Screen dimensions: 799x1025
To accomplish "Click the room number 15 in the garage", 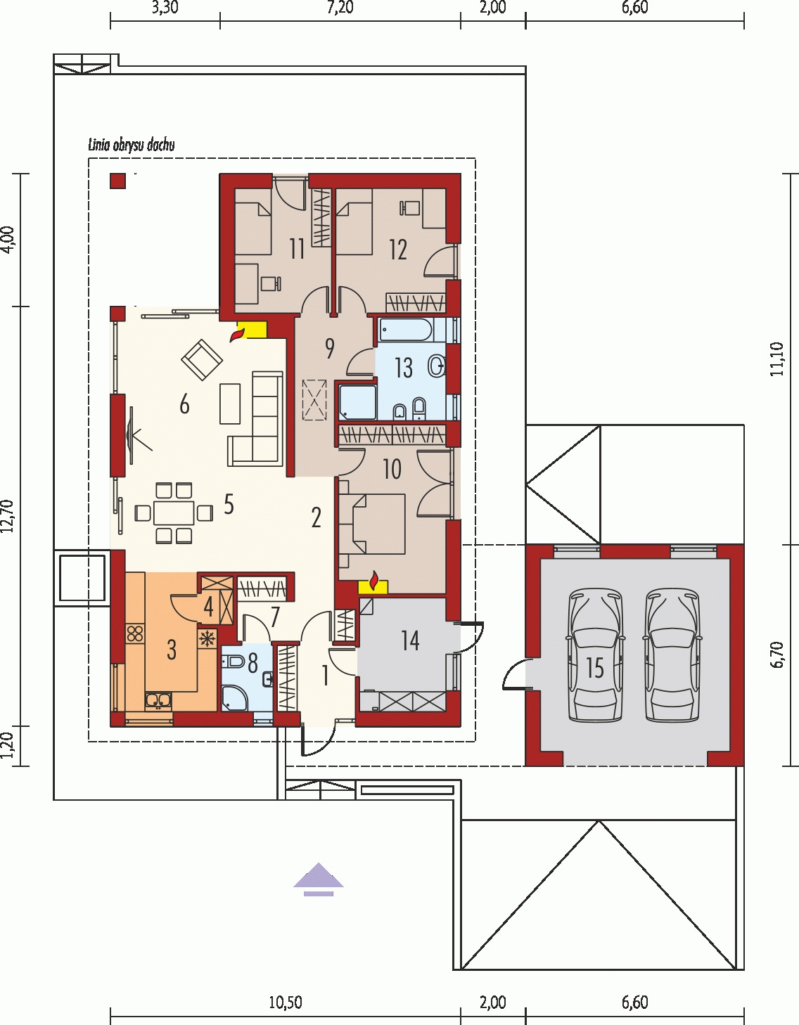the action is (596, 668).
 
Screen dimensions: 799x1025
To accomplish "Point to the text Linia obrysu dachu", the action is (132, 146).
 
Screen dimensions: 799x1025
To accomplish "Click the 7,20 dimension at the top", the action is (340, 8).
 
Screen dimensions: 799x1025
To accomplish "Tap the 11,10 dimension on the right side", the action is (779, 359).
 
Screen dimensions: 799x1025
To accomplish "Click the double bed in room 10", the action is (373, 523).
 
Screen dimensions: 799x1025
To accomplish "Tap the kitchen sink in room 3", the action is (158, 700).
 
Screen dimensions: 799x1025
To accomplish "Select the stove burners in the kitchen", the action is (135, 633).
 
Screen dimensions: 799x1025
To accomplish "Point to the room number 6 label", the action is (184, 405).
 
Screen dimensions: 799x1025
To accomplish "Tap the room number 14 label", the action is (410, 640).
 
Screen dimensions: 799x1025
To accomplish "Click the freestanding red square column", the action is (118, 181).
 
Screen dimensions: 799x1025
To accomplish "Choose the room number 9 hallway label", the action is (329, 349).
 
